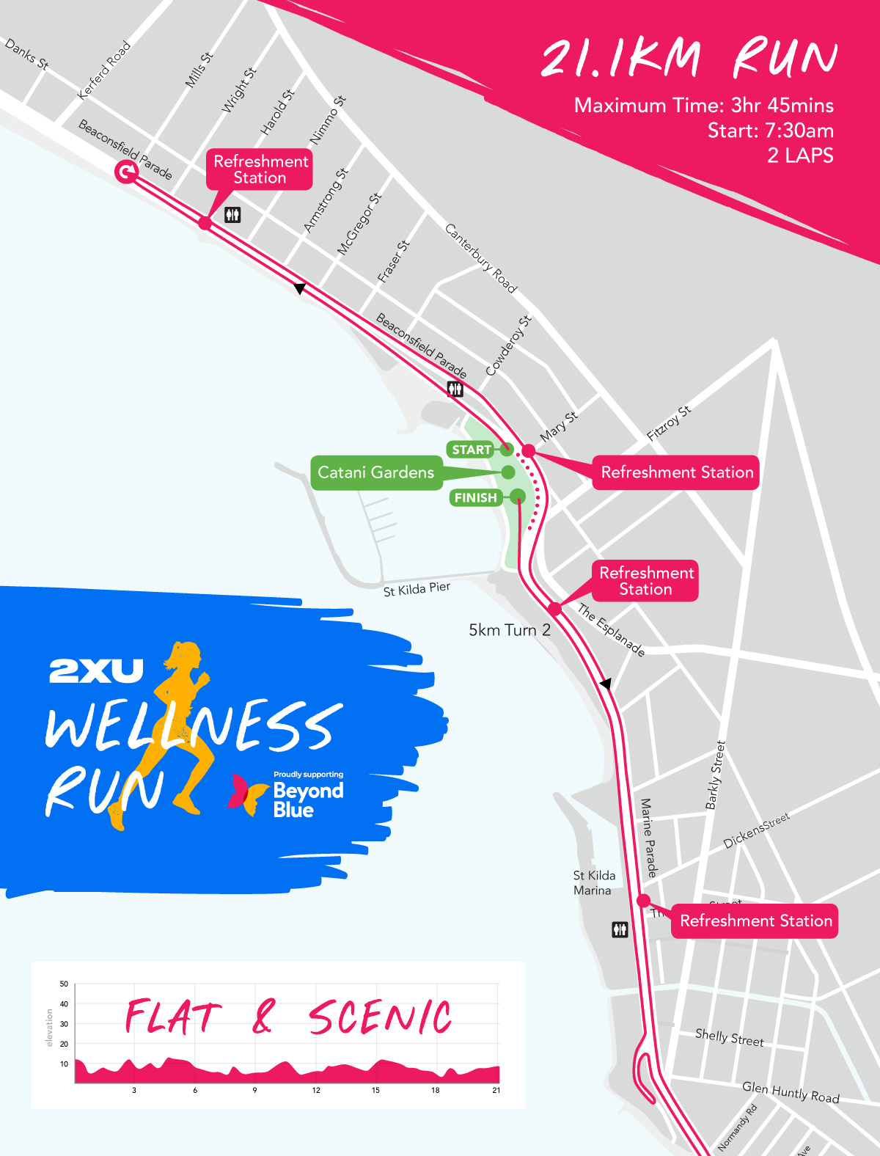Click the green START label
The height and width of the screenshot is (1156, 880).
pos(471,450)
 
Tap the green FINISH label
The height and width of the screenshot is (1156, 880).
pos(475,498)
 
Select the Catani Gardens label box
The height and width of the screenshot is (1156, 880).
pos(375,472)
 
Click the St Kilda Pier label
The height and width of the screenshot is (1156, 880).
pos(417,589)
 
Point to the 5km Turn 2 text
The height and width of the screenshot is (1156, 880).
pos(509,630)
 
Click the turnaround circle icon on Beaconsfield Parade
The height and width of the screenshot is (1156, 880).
pos(126,172)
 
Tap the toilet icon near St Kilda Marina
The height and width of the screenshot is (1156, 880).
pos(620,930)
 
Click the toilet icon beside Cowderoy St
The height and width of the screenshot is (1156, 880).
pos(455,389)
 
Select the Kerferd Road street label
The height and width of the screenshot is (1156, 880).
pos(104,70)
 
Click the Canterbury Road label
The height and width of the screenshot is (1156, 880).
pos(481,258)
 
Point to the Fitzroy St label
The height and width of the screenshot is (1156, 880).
pos(668,423)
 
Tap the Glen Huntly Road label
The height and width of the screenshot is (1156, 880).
pos(790,1092)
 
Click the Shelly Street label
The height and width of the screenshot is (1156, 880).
pos(729,1037)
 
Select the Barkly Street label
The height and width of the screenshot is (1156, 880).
pos(715,775)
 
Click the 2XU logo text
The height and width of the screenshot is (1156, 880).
pos(96,670)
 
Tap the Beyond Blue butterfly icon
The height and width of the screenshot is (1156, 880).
pos(246,794)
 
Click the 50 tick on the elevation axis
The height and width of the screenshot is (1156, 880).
pos(64,984)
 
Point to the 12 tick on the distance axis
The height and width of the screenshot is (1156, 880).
pos(316,1090)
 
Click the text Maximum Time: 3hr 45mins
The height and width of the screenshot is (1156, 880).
pos(703,106)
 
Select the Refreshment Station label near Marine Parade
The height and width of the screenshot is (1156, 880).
pos(755,921)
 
